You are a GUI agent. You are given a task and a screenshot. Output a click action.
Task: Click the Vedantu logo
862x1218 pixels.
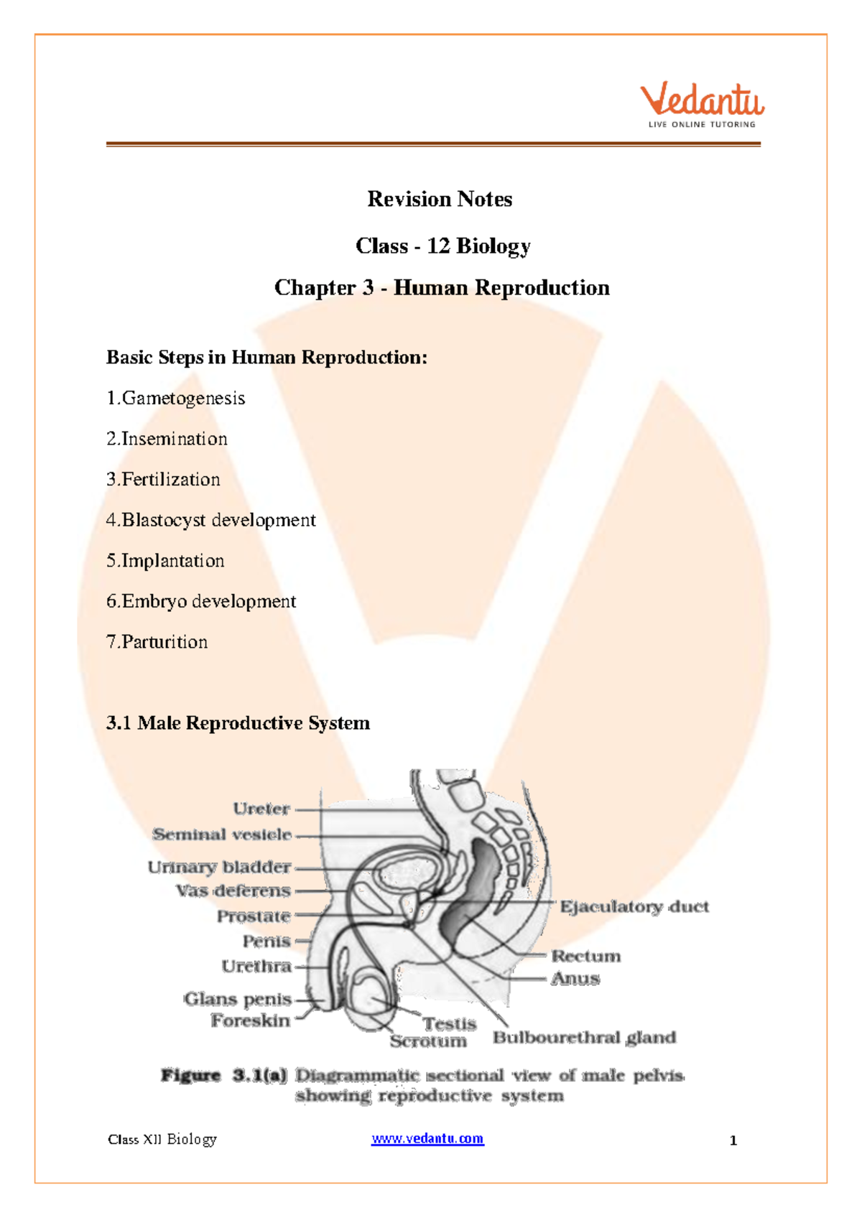coord(702,105)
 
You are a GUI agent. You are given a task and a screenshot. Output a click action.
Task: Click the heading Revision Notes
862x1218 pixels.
coord(440,199)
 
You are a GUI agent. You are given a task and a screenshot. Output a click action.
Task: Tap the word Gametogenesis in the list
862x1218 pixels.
coord(183,398)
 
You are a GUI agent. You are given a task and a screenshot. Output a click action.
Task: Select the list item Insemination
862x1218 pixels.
coord(174,439)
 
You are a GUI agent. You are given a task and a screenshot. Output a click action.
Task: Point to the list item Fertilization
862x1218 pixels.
coord(170,479)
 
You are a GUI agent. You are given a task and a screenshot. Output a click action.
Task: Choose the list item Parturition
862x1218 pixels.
coord(164,642)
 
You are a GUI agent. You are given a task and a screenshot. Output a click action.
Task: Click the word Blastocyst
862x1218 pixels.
coord(164,520)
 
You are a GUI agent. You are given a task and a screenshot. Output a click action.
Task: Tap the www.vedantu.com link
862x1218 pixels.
coord(427,1138)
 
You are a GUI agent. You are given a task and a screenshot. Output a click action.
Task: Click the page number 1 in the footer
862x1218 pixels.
coord(733,1140)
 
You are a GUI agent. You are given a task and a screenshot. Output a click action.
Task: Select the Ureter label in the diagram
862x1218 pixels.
coord(261,809)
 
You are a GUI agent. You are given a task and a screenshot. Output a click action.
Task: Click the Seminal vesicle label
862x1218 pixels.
coord(222,835)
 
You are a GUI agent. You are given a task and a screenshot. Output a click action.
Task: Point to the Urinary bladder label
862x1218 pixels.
coord(219,867)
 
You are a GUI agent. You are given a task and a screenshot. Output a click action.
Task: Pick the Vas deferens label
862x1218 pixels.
coord(233,891)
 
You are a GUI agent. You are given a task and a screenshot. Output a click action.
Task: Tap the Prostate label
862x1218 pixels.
coord(254,916)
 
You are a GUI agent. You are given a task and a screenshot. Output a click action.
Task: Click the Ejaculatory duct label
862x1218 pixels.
coord(634,906)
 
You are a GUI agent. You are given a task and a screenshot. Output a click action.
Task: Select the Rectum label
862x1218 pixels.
coord(586,956)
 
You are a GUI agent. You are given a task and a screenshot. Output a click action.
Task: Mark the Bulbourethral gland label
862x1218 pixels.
coord(584,1037)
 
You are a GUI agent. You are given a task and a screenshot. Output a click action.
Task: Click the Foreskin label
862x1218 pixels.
coord(251,1021)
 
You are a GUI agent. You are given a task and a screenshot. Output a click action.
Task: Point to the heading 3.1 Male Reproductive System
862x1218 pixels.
coord(238,722)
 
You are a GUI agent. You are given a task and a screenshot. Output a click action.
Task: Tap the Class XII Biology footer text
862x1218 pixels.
coord(162,1139)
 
